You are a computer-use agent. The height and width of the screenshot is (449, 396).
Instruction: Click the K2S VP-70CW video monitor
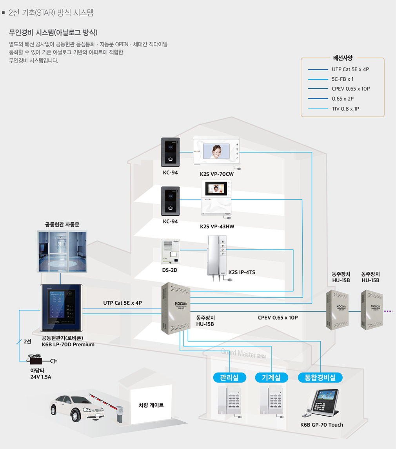[x=216, y=151]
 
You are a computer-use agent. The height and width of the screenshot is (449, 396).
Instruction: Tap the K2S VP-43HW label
[x=217, y=227]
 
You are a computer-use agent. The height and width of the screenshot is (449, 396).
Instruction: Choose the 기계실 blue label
[x=272, y=378]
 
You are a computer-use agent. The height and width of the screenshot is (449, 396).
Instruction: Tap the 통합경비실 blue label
[x=320, y=378]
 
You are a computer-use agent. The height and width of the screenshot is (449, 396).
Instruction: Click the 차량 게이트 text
[x=151, y=405]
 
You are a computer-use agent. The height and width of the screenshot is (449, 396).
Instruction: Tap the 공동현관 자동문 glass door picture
[x=62, y=251]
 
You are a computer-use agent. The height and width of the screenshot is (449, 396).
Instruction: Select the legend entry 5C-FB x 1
[x=342, y=79]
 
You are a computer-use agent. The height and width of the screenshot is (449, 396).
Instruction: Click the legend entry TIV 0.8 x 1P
[x=345, y=109]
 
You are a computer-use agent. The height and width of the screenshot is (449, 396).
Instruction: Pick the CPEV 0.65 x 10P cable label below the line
[x=278, y=317]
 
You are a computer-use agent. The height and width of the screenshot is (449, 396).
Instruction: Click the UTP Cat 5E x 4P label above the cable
[x=122, y=303]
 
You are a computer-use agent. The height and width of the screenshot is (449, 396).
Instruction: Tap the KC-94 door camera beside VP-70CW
[x=171, y=152]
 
